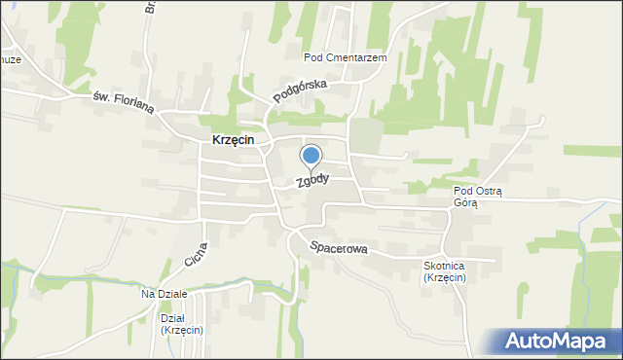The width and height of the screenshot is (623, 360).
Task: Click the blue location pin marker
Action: click(311, 156)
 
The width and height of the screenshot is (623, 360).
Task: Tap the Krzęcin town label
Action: click(233, 140)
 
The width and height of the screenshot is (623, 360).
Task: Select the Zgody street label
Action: click(313, 181)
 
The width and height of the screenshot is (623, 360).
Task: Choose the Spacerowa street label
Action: click(339, 248)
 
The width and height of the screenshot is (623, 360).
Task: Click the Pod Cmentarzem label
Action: click(346, 58)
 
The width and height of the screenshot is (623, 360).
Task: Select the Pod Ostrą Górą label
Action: click(477, 197)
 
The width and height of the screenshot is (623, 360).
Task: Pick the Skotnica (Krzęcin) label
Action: click(444, 272)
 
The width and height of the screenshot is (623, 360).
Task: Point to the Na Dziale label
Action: click(164, 294)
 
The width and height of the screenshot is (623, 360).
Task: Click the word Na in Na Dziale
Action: click(148, 294)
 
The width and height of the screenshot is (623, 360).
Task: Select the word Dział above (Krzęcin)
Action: click(171, 318)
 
